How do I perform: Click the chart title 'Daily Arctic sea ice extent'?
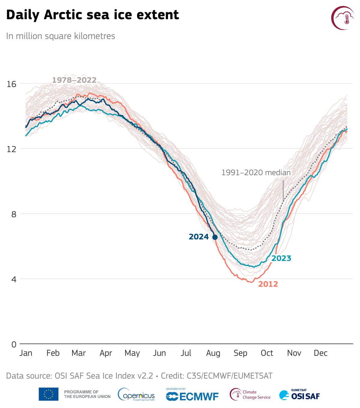pyautogui.click(x=92, y=15)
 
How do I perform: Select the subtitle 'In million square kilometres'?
pyautogui.click(x=61, y=36)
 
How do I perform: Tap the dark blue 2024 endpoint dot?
pyautogui.click(x=215, y=237)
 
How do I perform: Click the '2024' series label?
pyautogui.click(x=199, y=237)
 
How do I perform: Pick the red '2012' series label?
pyautogui.click(x=268, y=284)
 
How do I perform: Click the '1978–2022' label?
pyautogui.click(x=74, y=80)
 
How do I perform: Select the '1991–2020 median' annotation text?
pyautogui.click(x=256, y=173)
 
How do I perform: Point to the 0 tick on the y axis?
pyautogui.click(x=14, y=344)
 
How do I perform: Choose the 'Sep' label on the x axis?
pyautogui.click(x=240, y=353)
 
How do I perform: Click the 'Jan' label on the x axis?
pyautogui.click(x=26, y=353)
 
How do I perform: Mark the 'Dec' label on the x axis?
pyautogui.click(x=320, y=353)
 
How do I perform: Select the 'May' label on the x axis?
pyautogui.click(x=132, y=353)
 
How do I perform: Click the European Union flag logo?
pyautogui.click(x=49, y=394)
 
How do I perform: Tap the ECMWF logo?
pyautogui.click(x=192, y=396)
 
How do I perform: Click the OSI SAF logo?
pyautogui.click(x=299, y=395)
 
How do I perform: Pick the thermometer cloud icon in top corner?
pyautogui.click(x=343, y=18)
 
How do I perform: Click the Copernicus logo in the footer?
pyautogui.click(x=136, y=394)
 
